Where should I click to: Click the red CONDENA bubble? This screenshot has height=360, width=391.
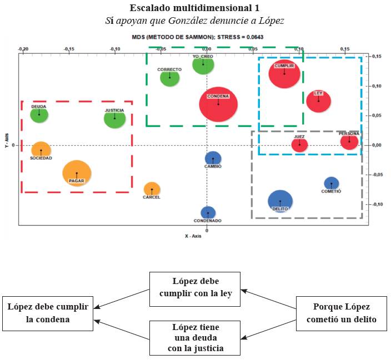(218, 104)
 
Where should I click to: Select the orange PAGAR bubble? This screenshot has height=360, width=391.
(77, 173)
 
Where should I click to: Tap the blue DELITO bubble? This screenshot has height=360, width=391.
(280, 201)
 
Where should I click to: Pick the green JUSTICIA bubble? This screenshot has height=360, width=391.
(115, 118)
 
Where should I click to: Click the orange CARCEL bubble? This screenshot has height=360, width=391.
(152, 189)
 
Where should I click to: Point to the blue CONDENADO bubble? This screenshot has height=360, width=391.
(208, 212)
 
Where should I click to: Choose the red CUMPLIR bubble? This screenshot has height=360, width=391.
(284, 74)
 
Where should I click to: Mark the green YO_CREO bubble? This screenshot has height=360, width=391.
(203, 65)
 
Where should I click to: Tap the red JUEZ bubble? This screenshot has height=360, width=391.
(299, 145)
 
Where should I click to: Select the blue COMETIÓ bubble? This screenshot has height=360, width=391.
(331, 184)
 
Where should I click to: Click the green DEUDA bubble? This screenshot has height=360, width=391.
(39, 115)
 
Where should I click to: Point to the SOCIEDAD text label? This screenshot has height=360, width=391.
(41, 158)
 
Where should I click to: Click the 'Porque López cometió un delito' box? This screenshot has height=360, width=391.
(341, 313)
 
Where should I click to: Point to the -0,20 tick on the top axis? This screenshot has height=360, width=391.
(23, 49)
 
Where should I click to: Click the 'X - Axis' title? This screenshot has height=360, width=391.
(194, 236)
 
